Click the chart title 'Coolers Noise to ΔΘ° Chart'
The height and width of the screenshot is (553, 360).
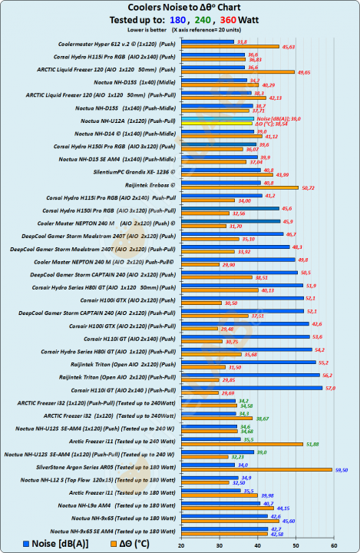click(180, 8)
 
